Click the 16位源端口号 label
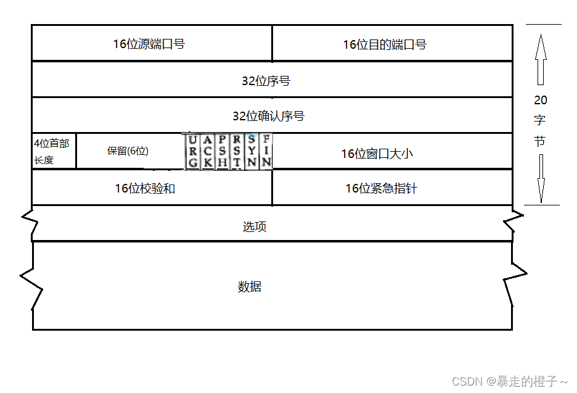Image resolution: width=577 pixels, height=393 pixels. (x=149, y=44)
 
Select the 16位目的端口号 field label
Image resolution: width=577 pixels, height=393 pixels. (x=384, y=44)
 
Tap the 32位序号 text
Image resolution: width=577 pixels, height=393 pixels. (x=266, y=80)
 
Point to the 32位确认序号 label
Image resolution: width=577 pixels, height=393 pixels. (x=268, y=116)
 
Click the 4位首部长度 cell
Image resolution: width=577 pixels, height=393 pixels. (x=53, y=151)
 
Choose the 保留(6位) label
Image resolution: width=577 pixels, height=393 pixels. (x=128, y=151)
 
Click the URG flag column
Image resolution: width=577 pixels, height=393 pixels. (x=193, y=152)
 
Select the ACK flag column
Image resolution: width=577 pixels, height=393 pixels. (x=208, y=152)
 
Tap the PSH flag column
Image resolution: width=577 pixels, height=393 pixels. (x=223, y=152)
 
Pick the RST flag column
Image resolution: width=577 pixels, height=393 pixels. (x=237, y=152)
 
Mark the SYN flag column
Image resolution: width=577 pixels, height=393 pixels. (x=252, y=152)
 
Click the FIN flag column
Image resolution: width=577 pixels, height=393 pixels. (x=266, y=152)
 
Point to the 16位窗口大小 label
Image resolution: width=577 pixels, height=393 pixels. (x=377, y=154)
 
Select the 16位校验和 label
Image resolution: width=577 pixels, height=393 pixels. (x=145, y=188)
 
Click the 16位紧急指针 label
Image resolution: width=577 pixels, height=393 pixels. (x=380, y=188)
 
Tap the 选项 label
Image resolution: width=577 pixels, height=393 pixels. (x=254, y=226)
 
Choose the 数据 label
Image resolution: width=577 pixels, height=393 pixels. (x=249, y=287)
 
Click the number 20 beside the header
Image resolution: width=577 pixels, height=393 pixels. (x=540, y=100)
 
